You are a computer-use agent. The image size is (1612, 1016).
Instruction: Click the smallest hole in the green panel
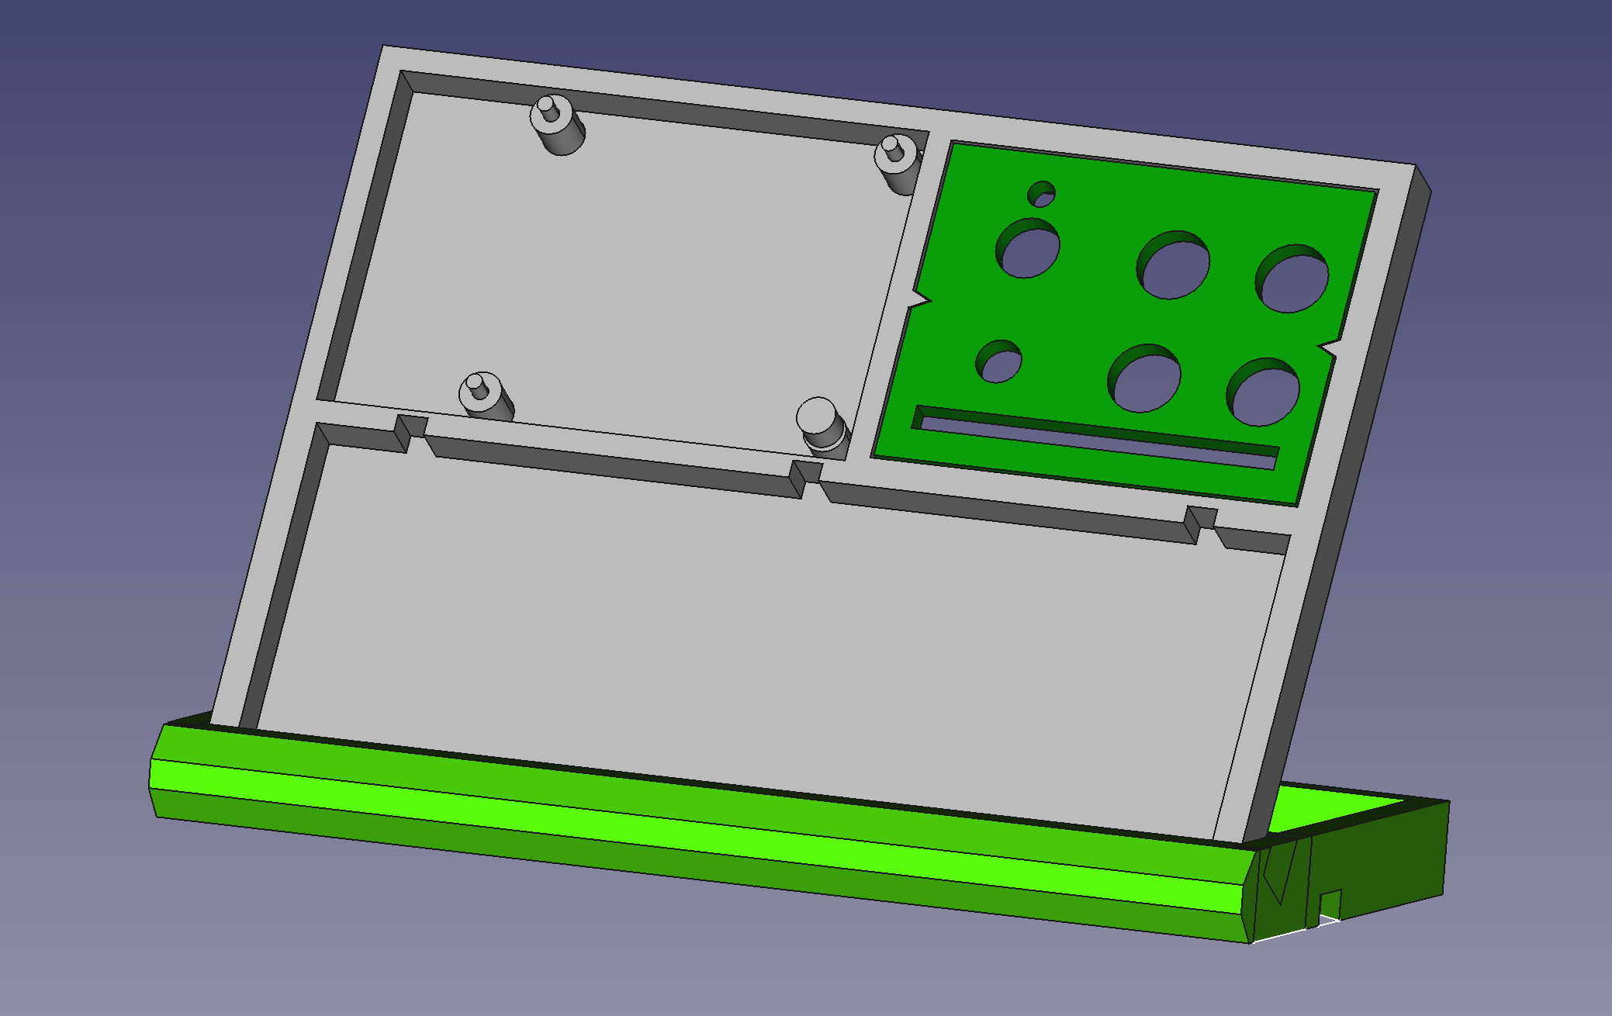pos(1041,195)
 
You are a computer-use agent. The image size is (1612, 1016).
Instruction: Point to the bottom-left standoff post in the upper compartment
pos(485,396)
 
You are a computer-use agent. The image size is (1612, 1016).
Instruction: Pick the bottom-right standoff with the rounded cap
pos(821,424)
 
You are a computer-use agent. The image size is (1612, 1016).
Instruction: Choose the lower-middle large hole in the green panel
pos(1145,378)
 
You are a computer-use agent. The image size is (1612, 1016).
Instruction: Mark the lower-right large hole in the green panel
pos(1264,392)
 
